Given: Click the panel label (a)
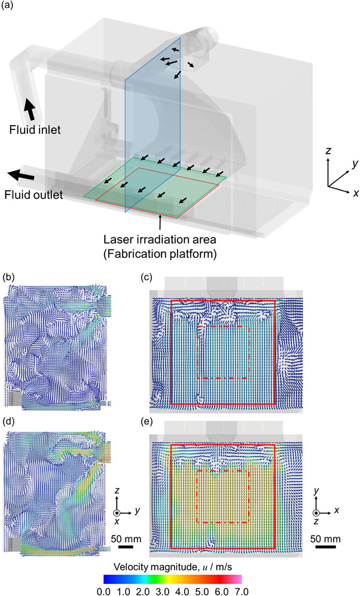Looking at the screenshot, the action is (8, 6).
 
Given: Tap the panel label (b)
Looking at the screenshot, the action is (8, 277).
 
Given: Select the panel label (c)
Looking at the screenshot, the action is (147, 277).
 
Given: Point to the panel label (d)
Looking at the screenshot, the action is (8, 421).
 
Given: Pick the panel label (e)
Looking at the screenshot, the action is (147, 421).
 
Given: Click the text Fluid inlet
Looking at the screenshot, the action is (35, 130).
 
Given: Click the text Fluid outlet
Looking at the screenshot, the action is (34, 195).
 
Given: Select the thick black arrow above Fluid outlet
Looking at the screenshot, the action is (20, 176).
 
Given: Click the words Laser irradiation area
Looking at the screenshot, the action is (160, 239).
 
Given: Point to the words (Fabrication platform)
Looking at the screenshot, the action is (160, 254).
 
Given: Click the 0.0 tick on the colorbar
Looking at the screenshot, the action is (104, 591).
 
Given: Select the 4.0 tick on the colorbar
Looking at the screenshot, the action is (182, 591).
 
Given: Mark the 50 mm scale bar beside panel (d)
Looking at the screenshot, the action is (126, 547).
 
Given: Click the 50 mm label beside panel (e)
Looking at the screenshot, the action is (325, 539).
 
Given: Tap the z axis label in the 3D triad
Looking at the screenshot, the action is (328, 151).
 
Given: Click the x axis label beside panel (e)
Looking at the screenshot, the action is (337, 510).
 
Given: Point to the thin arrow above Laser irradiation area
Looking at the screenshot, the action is (161, 222).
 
